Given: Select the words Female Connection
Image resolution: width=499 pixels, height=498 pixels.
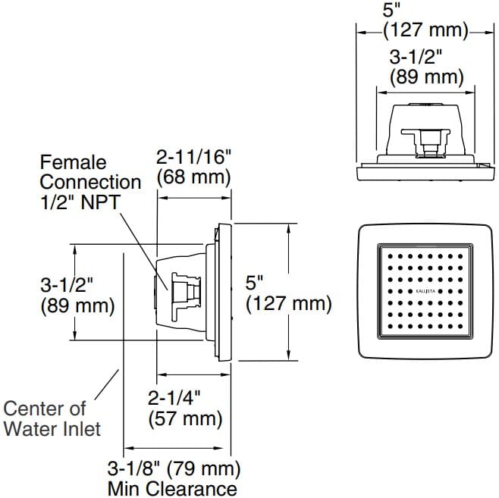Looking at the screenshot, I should click(x=90, y=172).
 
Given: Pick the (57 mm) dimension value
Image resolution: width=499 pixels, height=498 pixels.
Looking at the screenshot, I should click(x=185, y=418).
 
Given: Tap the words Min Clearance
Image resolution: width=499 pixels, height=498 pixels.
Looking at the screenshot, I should click(x=172, y=488).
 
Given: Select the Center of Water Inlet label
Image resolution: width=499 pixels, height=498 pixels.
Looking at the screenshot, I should click(x=52, y=418).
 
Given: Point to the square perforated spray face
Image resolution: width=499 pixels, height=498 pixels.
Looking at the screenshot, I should click(x=425, y=292).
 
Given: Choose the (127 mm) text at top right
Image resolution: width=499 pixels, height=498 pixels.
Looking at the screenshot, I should click(x=426, y=32).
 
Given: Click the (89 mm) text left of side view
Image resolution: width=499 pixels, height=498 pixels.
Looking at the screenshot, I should click(x=77, y=306).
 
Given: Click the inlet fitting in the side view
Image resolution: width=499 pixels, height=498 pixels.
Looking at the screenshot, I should click(x=185, y=290).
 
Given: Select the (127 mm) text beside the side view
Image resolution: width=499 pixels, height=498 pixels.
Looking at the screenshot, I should click(x=288, y=304).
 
